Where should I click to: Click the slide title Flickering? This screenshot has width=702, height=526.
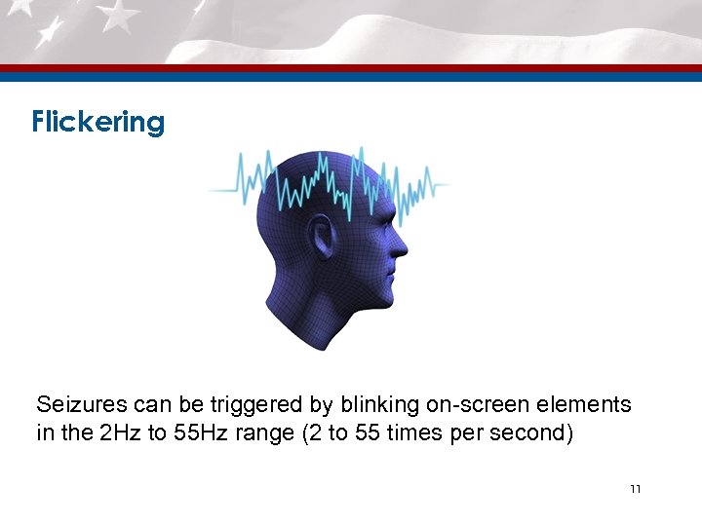[97, 123]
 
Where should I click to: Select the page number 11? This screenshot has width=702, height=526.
[635, 488]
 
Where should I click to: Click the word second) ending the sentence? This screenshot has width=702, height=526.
[535, 432]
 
